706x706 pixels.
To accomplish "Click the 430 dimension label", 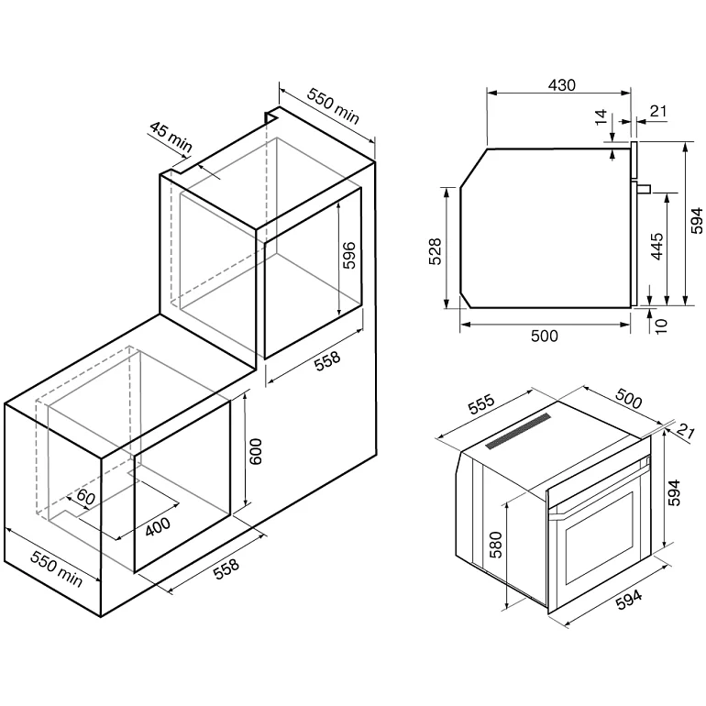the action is point(561,84).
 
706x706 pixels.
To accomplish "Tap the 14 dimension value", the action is point(601,117).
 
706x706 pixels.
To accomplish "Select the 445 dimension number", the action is point(656,247).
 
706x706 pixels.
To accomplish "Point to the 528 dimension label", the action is point(435,251).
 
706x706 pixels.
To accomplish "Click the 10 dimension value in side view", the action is point(661,325).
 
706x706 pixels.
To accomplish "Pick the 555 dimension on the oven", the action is point(480,403).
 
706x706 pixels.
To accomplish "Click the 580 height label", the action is point(495,545).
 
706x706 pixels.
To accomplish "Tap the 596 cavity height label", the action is point(349,255).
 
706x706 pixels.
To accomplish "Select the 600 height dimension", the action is point(255,452).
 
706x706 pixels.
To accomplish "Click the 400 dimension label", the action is point(158,526).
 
